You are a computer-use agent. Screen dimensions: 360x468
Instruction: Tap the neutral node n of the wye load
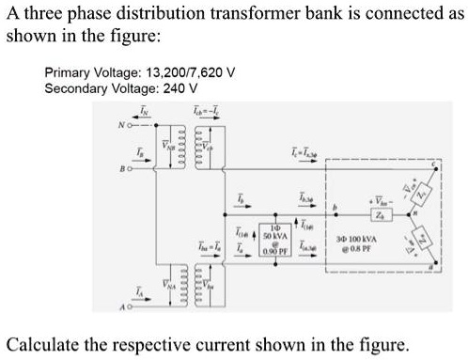click(x=402, y=224)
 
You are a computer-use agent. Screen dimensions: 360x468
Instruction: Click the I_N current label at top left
click(x=143, y=113)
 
